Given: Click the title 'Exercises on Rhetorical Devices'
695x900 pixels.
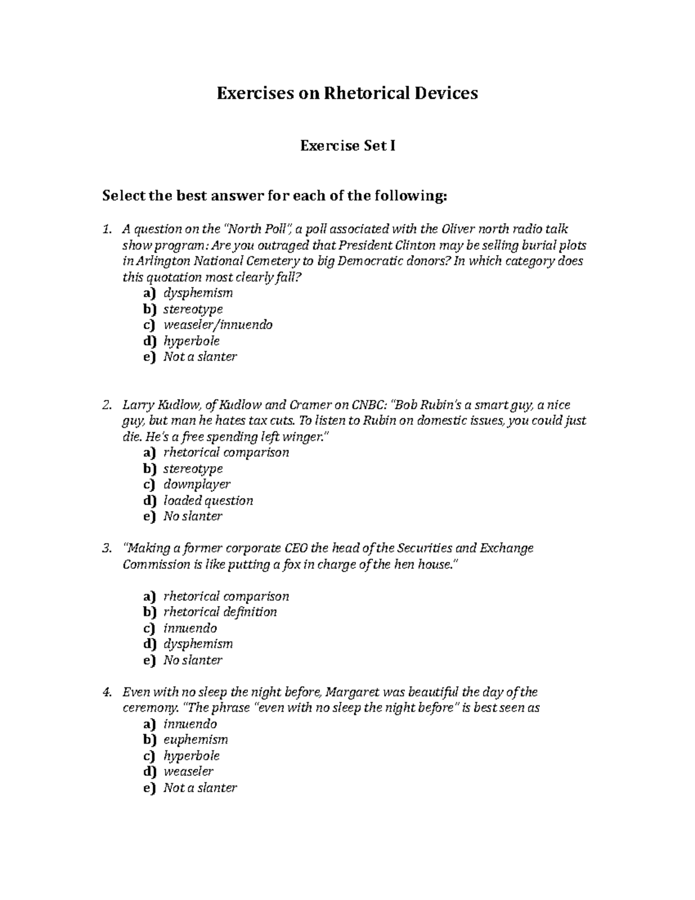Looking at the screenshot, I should (347, 93).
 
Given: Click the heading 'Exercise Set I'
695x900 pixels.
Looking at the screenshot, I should (348, 146).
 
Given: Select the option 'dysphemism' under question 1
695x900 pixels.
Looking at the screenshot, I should (197, 293).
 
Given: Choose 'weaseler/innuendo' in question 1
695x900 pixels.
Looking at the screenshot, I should (217, 325).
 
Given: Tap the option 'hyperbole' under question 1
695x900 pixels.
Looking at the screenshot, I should (191, 341).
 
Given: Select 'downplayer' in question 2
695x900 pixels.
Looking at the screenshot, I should (196, 484).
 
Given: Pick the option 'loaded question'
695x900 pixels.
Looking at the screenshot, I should (208, 501).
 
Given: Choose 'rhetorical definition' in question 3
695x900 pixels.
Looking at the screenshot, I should (220, 613).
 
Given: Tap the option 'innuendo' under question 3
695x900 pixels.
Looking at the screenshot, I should (190, 629).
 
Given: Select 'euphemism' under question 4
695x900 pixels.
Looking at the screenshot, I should (195, 740).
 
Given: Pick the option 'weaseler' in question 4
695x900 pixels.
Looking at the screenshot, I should (188, 772).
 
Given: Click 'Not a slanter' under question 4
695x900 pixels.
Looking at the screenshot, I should (200, 788).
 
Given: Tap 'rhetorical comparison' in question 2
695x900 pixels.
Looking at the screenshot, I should (226, 453).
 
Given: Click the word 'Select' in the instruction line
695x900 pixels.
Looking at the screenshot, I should (123, 196).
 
